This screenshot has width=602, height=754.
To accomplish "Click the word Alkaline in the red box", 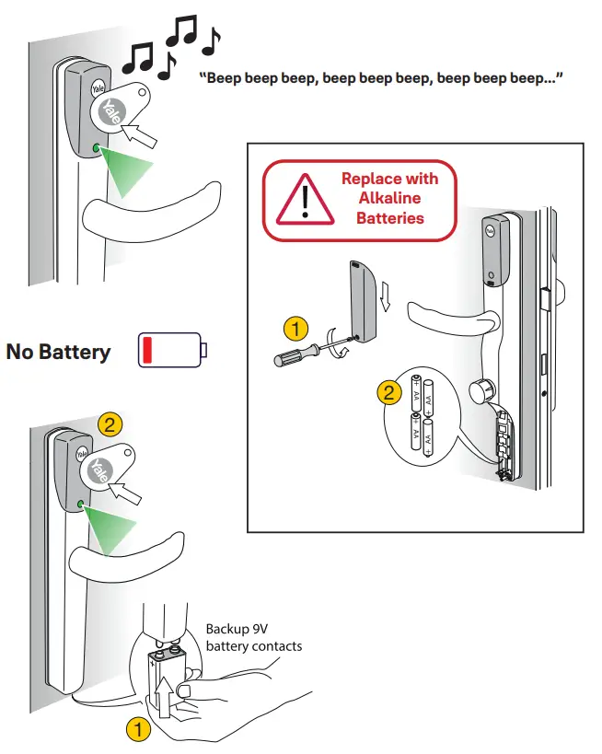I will coord(389,199).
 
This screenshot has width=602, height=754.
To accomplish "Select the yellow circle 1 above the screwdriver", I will coord(295,328).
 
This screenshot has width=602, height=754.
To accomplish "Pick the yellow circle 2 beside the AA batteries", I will coord(389,393).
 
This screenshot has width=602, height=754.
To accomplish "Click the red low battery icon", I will coord(172,351).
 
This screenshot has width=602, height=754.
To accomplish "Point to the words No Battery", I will coord(59,352).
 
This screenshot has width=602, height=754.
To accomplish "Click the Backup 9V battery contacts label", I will coord(253,637).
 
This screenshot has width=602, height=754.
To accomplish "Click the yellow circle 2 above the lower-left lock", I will coord(110,424).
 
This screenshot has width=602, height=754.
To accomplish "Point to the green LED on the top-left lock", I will coord(98,147).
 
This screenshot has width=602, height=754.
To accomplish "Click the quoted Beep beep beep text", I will coord(381,78).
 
